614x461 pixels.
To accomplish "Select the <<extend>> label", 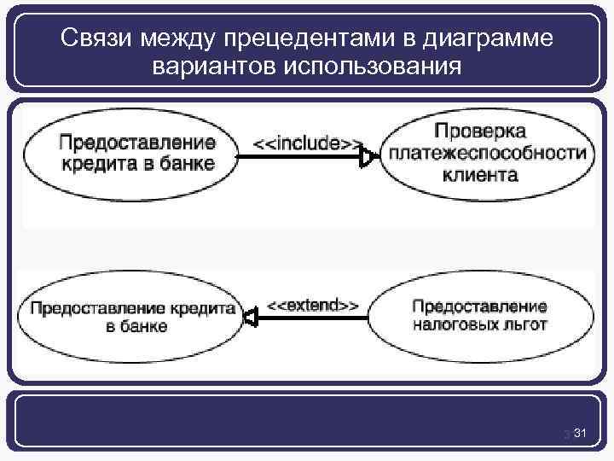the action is [x=312, y=304].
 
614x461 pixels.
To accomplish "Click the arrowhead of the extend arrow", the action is [x=250, y=318].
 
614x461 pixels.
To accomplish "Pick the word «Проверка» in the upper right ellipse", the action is [x=480, y=131].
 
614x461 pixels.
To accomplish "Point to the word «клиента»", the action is [x=480, y=176].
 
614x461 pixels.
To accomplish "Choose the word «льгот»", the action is [x=525, y=324].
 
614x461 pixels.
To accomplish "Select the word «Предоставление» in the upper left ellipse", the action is [x=137, y=142].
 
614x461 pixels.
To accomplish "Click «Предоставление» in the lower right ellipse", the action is [x=479, y=306].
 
